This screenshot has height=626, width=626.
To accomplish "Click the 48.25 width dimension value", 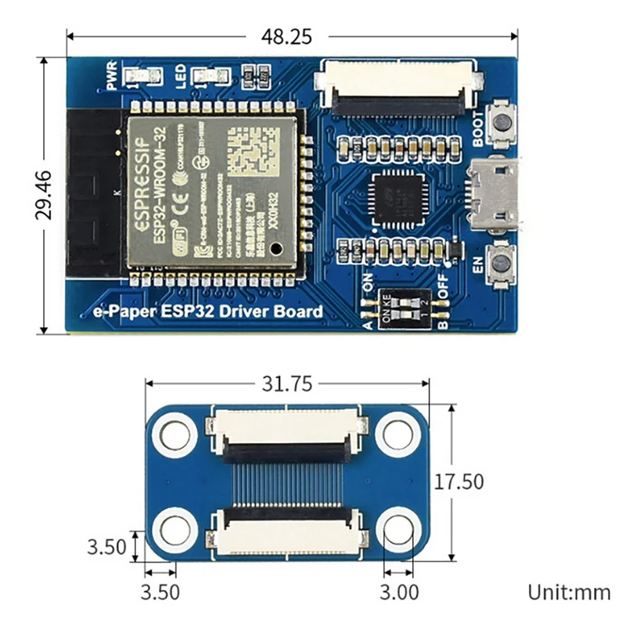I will coord(291,36).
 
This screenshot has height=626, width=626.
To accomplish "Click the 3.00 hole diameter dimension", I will coord(399,591).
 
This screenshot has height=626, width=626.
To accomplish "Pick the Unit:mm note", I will coord(569,592).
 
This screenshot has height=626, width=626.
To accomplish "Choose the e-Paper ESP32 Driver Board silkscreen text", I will coord(208,312).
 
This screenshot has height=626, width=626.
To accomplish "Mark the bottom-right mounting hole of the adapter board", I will coord(399,531).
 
